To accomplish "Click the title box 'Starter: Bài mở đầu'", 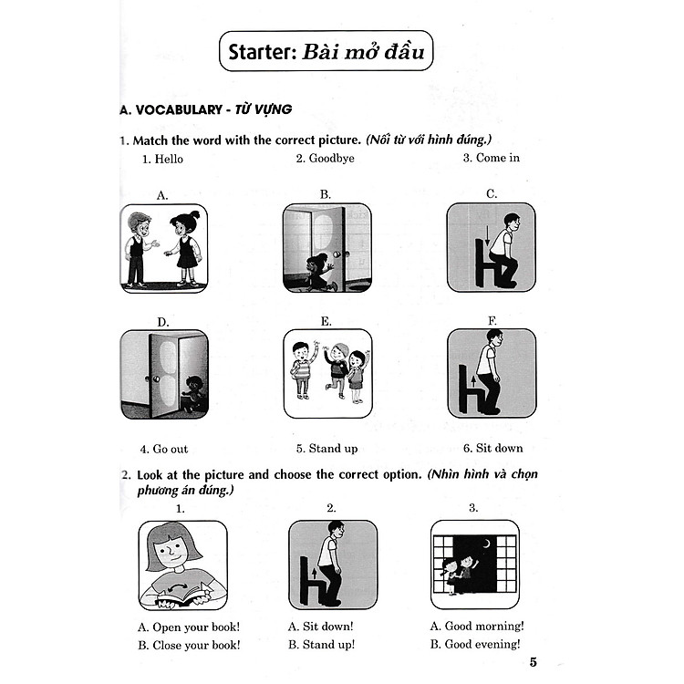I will coord(326,52).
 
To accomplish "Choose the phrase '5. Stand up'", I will coord(326,449).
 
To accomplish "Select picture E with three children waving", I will coord(327,373).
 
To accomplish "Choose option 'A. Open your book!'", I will coord(188,626).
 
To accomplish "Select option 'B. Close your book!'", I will coord(189,645).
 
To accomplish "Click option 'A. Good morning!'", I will coord(482,626).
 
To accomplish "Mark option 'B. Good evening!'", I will coord(482,645).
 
